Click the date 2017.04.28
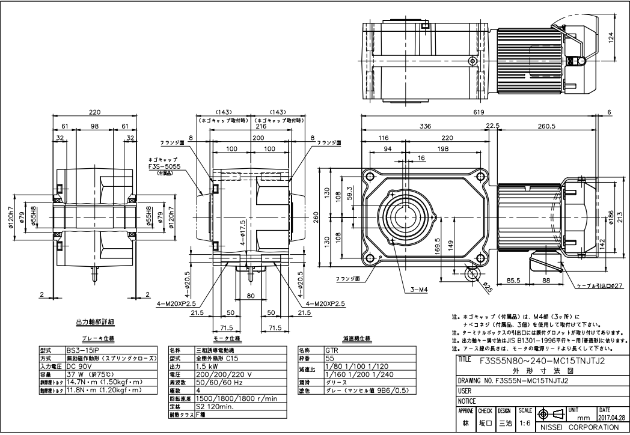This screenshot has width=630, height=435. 613,416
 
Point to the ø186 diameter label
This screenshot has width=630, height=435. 612,217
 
